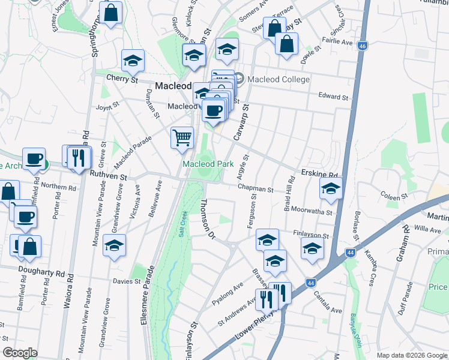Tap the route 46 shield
(x=362, y=46)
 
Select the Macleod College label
(x=279, y=80)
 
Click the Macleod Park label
(x=208, y=164)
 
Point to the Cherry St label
(x=122, y=79)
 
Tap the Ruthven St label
(x=109, y=177)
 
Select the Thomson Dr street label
(x=208, y=220)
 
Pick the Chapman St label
(x=255, y=188)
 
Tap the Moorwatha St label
(x=314, y=212)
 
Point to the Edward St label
(x=333, y=97)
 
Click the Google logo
(x=20, y=353)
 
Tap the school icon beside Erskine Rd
(x=331, y=188)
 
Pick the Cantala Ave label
(x=327, y=303)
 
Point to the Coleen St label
(x=394, y=195)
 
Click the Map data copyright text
(x=412, y=355)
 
